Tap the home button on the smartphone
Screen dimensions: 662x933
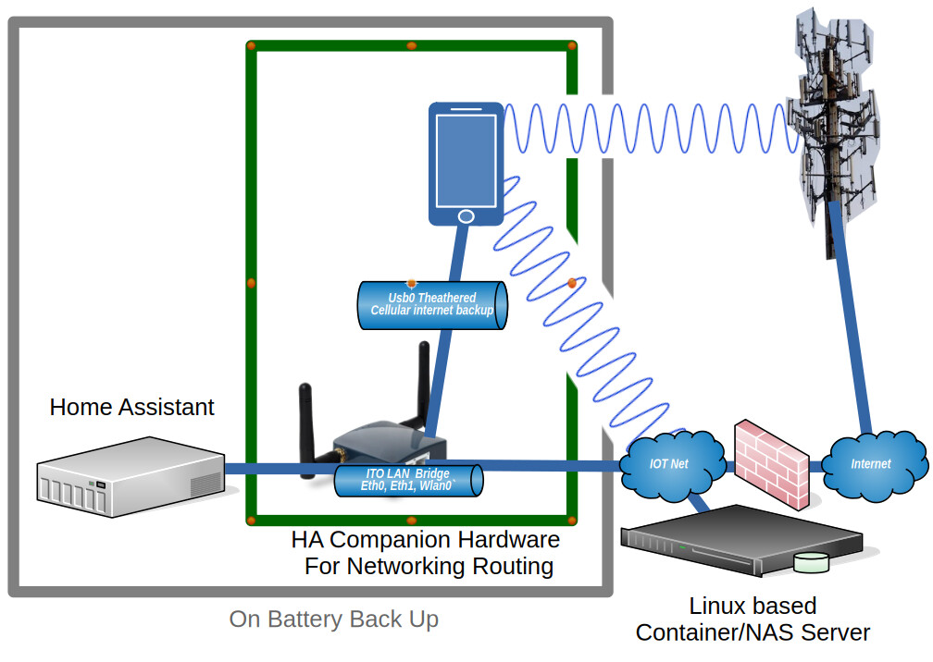[466, 215]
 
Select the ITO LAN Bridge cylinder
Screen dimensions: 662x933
[407, 480]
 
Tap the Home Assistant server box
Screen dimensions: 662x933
[131, 477]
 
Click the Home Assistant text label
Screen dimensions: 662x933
[131, 407]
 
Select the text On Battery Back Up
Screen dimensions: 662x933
[334, 619]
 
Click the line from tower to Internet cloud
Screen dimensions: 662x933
[853, 324]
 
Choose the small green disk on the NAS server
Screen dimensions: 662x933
[815, 561]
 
